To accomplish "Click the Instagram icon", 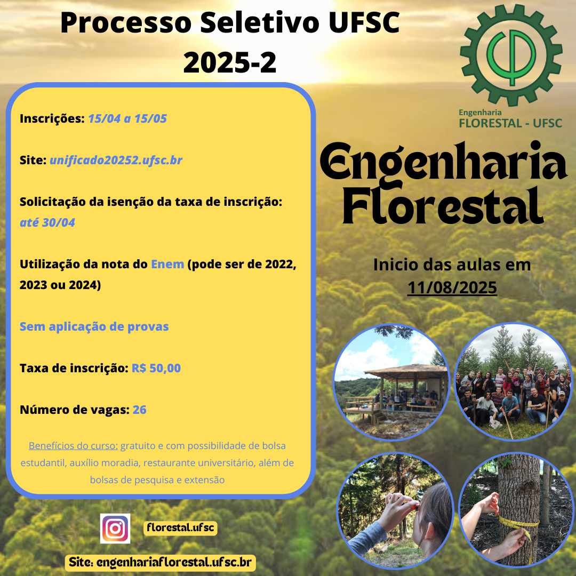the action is (115, 528).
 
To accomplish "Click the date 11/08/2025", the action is (452, 287).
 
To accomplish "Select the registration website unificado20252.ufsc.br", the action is (116, 160).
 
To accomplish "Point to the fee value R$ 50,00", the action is (156, 368).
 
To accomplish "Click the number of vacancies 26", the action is (139, 410).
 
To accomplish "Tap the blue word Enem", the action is (167, 264).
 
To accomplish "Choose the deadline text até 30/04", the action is (47, 222).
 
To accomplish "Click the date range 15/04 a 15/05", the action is (127, 118).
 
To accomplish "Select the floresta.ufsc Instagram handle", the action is (180, 528).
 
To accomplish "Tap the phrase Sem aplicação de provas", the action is (94, 326).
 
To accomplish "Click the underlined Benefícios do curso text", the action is (73, 445).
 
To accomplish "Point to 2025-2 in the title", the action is (229, 62).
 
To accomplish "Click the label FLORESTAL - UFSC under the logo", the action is (510, 123).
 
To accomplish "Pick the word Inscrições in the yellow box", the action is (52, 118).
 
